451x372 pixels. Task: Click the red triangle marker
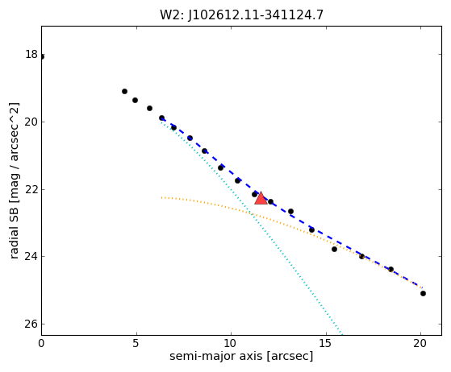click(261, 198)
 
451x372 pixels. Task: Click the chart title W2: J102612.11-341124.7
click(241, 15)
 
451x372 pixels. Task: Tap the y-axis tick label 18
click(31, 54)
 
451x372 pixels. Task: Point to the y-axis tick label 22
click(31, 189)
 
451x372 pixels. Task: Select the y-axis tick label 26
click(31, 324)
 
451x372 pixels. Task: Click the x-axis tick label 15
click(326, 343)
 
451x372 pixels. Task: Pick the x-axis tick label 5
click(136, 343)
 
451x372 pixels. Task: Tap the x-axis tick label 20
click(420, 343)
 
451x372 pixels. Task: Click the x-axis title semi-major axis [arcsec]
click(241, 356)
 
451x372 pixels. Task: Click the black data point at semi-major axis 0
click(42, 57)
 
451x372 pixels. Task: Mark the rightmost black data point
click(423, 293)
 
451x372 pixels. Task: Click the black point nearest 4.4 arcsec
click(124, 91)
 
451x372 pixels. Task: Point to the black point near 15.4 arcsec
click(334, 249)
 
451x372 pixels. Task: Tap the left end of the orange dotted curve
click(161, 197)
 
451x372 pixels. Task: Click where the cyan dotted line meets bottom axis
click(342, 335)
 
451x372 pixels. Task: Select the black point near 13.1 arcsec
click(290, 211)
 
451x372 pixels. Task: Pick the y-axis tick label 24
click(31, 256)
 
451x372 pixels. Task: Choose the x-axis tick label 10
click(231, 343)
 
